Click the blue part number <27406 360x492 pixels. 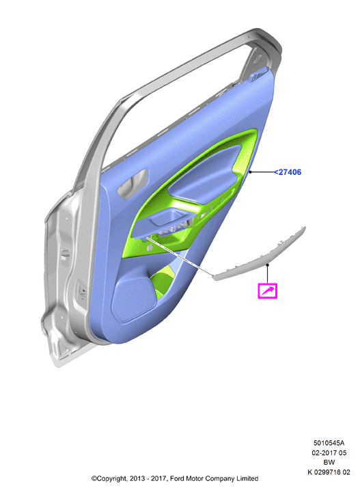pyautogui.click(x=288, y=172)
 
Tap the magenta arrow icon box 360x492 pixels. pyautogui.click(x=268, y=291)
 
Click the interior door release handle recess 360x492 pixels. pyautogui.click(x=133, y=184)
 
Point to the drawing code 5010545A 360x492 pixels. pyautogui.click(x=329, y=443)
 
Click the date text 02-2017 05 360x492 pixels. pyautogui.click(x=329, y=453)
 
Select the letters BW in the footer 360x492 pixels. pyautogui.click(x=329, y=462)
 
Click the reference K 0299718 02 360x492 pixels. pyautogui.click(x=329, y=472)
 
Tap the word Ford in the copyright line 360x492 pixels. pyautogui.click(x=177, y=478)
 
